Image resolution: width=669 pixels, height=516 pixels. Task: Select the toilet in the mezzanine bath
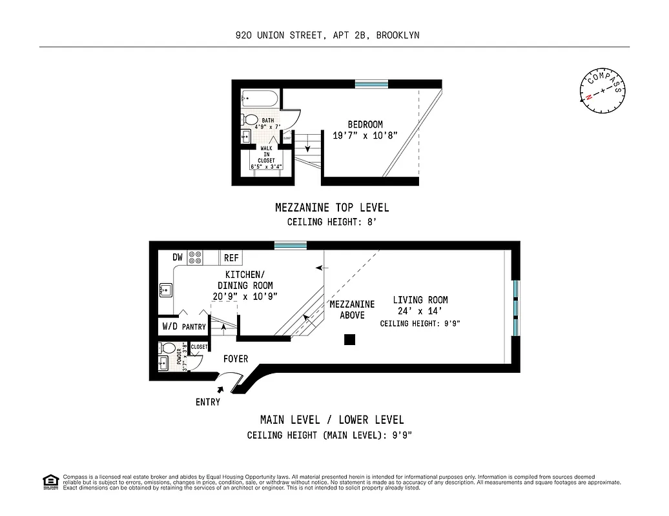pos(249,119)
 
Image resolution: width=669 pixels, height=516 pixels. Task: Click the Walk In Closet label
pos(266,154)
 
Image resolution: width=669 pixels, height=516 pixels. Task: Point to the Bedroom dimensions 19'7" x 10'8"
pos(365,135)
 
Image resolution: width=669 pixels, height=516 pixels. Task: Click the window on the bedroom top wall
pos(371,84)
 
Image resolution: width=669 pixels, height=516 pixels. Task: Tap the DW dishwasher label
pos(178,257)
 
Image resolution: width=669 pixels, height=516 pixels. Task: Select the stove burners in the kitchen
pos(195,257)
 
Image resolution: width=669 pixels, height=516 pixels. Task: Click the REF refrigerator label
pos(231,258)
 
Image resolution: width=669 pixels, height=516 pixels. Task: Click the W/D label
pos(170,326)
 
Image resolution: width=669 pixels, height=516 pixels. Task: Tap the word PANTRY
pos(194,327)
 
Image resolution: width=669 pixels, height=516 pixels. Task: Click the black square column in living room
pos(350,339)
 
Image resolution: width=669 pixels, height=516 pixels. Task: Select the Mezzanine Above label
pos(352,310)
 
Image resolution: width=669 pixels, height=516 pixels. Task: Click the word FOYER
pos(236,359)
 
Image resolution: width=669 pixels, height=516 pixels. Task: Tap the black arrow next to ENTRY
pos(221,390)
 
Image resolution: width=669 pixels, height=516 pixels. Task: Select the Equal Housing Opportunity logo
pos(50,481)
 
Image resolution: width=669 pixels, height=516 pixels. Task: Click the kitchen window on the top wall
pos(290,245)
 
